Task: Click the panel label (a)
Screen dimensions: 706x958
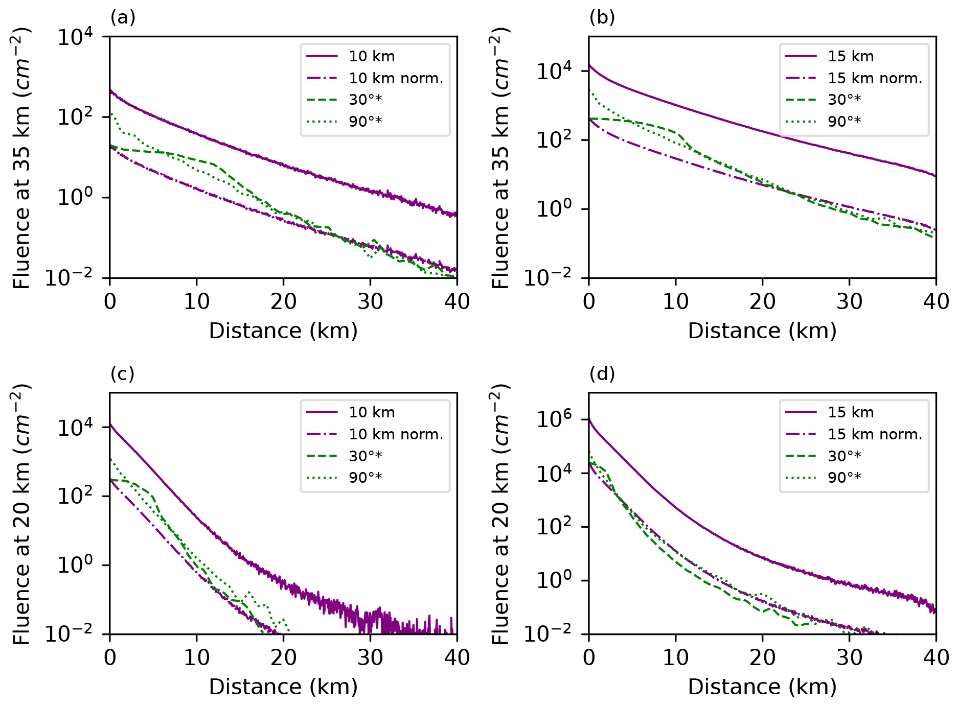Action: click(123, 18)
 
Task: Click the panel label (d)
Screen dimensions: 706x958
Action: click(602, 374)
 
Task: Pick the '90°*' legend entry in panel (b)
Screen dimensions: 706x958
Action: click(844, 121)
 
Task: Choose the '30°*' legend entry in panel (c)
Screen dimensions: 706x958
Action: click(365, 456)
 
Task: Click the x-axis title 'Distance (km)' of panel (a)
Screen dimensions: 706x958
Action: click(283, 331)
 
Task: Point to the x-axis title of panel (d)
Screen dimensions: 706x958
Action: click(762, 687)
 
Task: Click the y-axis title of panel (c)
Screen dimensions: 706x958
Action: click(21, 513)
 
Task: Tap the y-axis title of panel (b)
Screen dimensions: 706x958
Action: click(500, 157)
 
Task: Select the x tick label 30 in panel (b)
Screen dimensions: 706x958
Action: click(849, 302)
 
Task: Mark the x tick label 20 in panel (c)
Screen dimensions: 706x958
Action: click(283, 658)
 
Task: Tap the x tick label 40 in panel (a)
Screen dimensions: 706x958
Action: click(457, 302)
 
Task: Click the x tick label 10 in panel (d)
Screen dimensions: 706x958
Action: click(675, 658)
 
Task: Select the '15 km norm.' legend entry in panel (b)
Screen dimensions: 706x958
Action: click(875, 78)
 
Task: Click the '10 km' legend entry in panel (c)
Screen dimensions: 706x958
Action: click(372, 412)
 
